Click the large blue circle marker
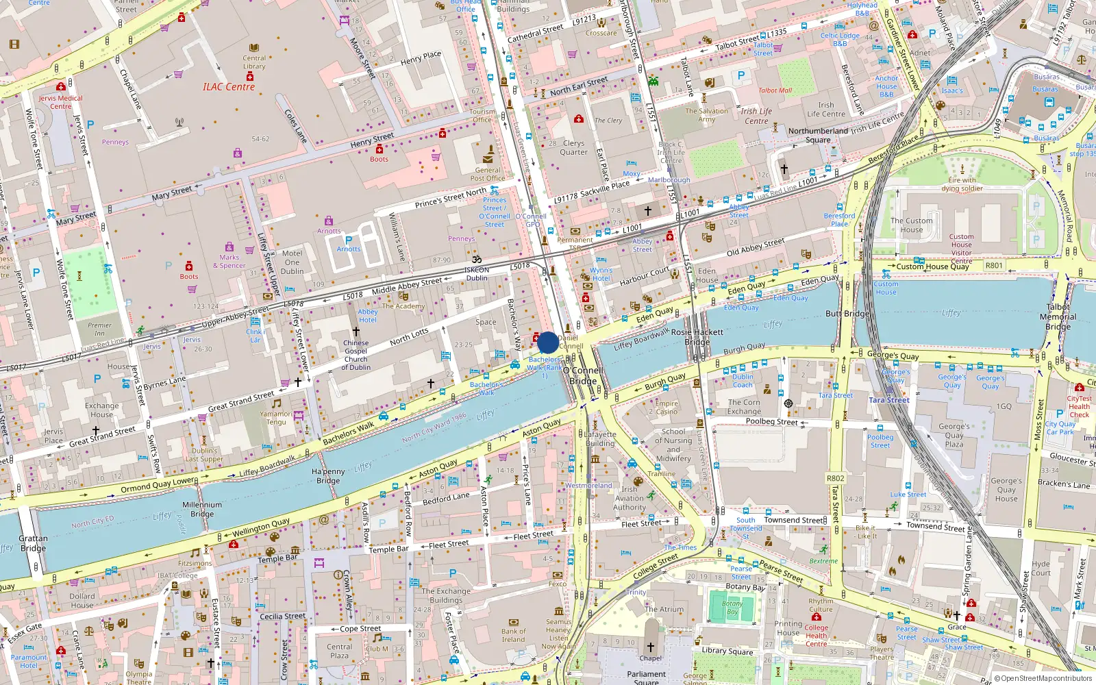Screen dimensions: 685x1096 tap(547, 342)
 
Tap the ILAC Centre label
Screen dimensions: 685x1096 tap(228, 87)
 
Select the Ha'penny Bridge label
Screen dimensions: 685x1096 tap(328, 476)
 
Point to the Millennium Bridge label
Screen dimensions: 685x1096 tap(202, 509)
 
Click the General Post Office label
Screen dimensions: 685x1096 tap(488, 174)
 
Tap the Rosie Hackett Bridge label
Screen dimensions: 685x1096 tap(697, 336)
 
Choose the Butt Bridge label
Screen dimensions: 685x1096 tap(847, 314)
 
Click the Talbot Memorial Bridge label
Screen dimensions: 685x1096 tap(1058, 316)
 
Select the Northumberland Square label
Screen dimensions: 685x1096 tap(818, 135)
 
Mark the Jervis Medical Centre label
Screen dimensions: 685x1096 tap(60, 102)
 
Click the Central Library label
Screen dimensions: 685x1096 tap(254, 62)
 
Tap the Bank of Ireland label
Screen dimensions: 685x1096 tap(513, 636)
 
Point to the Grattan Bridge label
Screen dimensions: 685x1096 tap(33, 543)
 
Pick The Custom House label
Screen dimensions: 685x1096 tap(911, 225)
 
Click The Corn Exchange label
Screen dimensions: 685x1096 tap(744, 407)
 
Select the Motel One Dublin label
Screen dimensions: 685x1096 tap(292, 262)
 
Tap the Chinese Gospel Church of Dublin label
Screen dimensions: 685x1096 tap(356, 355)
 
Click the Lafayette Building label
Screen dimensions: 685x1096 tap(600, 438)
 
